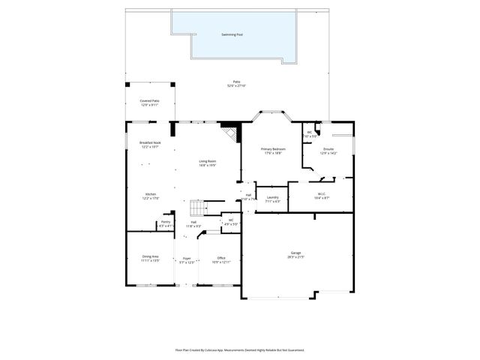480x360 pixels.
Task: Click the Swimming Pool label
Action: tap(232, 34)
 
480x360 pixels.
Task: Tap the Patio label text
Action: tap(236, 84)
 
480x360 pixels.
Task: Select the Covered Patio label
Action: tap(150, 103)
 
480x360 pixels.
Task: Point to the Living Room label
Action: tap(208, 163)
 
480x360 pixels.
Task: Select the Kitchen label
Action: tap(151, 196)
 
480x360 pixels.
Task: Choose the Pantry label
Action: tap(166, 223)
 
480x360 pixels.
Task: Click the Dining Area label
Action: tap(150, 259)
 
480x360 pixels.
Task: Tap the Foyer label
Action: tap(187, 260)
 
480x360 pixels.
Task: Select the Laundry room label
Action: tap(273, 199)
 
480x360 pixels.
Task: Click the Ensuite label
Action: tap(328, 151)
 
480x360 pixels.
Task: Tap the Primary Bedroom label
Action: tap(271, 151)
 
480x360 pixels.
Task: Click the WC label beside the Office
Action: tap(231, 221)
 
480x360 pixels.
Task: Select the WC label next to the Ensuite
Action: tap(309, 134)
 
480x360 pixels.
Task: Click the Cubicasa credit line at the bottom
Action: tap(239, 349)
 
